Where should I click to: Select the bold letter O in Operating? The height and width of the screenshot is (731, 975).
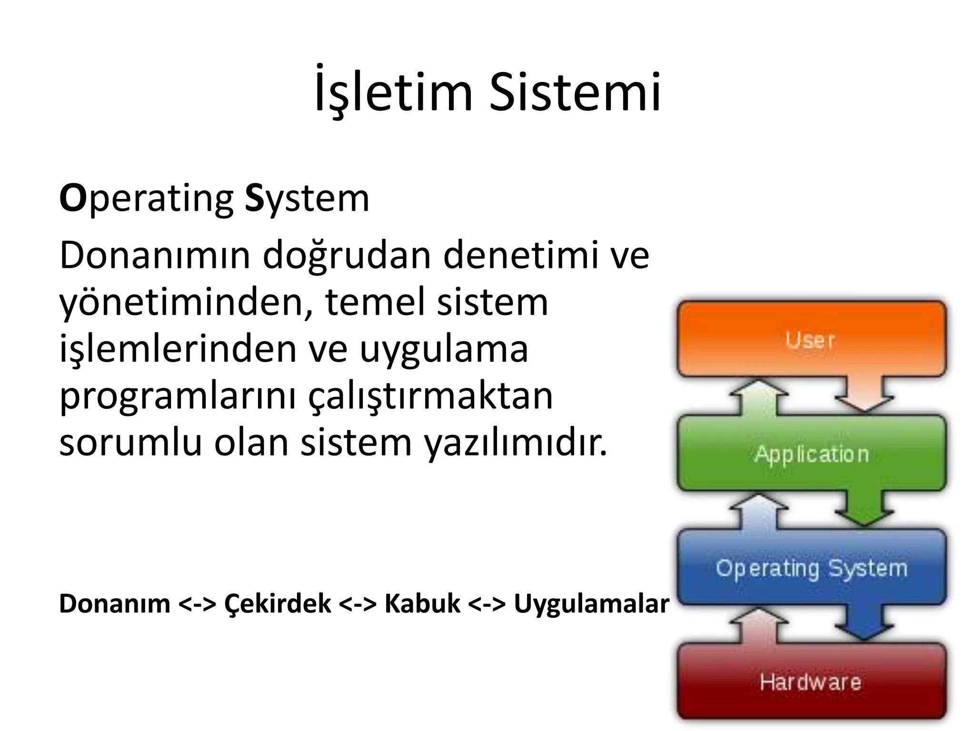point(73,199)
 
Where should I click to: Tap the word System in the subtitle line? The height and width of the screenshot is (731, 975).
point(307,199)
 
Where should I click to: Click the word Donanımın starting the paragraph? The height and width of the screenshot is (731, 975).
point(155,256)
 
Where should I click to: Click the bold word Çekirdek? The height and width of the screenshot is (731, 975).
point(278,603)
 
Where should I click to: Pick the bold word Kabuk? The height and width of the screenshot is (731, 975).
point(422,603)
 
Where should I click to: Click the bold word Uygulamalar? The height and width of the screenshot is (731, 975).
point(591,603)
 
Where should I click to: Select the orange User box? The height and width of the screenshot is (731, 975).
point(811,339)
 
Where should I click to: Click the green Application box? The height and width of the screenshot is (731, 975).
point(811,453)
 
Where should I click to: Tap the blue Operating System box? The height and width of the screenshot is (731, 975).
point(811,567)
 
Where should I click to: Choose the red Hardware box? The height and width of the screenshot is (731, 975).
point(811,682)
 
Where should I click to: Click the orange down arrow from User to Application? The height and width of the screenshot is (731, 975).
point(863,395)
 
